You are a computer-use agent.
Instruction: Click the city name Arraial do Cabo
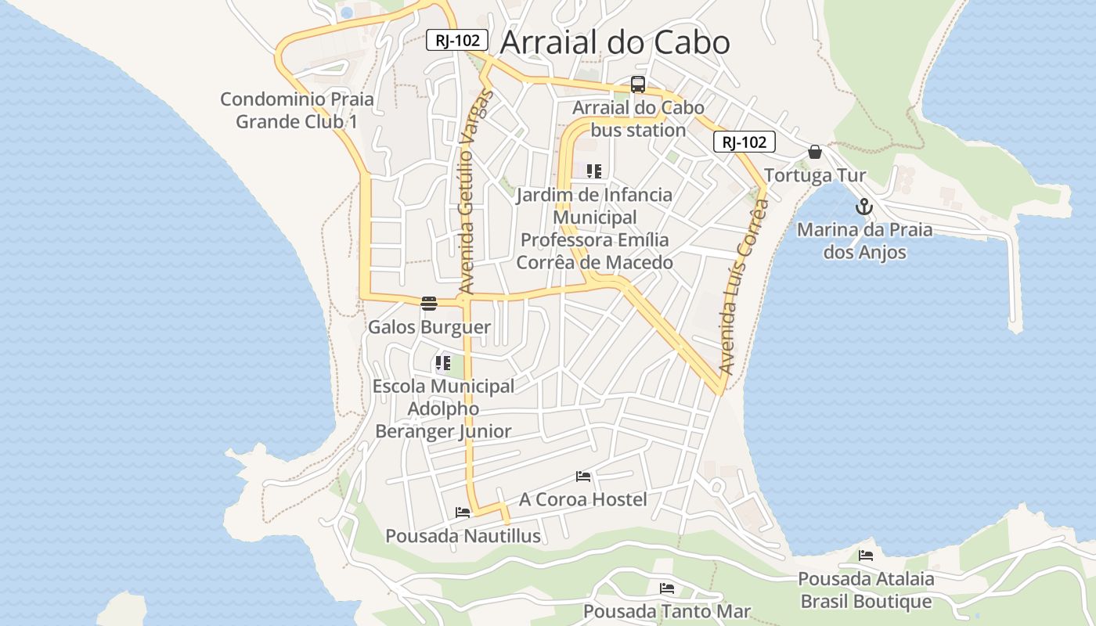pyautogui.click(x=615, y=43)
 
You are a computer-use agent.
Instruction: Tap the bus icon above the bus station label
pyautogui.click(x=638, y=85)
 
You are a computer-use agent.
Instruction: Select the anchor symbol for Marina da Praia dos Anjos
pyautogui.click(x=864, y=207)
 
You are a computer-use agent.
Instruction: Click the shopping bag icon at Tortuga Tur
pyautogui.click(x=815, y=152)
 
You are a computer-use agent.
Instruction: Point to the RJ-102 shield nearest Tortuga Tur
pyautogui.click(x=744, y=142)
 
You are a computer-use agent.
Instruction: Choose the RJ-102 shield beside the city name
pyautogui.click(x=457, y=40)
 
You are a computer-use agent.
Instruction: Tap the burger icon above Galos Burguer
pyautogui.click(x=428, y=304)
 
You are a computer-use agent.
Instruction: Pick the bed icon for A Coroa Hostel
pyautogui.click(x=582, y=476)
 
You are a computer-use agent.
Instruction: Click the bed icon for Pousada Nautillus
pyautogui.click(x=463, y=513)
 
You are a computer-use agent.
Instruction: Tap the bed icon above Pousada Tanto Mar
pyautogui.click(x=667, y=588)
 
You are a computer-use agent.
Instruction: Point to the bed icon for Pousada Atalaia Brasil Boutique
pyautogui.click(x=866, y=556)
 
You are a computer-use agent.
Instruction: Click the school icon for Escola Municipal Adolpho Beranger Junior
pyautogui.click(x=443, y=363)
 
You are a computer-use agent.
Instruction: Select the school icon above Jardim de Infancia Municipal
pyautogui.click(x=594, y=171)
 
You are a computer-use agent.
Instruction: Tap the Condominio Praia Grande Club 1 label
pyautogui.click(x=297, y=110)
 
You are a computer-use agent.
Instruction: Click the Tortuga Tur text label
pyautogui.click(x=815, y=175)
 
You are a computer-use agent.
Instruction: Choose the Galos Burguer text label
pyautogui.click(x=429, y=327)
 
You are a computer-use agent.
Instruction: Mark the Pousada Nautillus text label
pyautogui.click(x=463, y=536)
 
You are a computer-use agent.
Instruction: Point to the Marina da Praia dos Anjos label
pyautogui.click(x=864, y=241)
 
